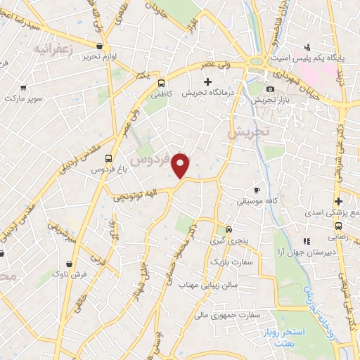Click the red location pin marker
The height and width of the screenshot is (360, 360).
[181, 165]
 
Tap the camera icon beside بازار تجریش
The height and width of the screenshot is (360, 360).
[271, 89]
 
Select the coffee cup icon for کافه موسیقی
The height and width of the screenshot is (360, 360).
[257, 191]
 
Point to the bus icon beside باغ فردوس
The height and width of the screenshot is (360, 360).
[108, 158]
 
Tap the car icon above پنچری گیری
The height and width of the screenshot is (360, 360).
[229, 229]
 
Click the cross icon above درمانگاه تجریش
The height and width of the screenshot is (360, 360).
[207, 81]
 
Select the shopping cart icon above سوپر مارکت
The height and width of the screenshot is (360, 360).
[24, 89]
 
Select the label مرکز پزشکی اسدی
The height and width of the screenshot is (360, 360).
[326, 212]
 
